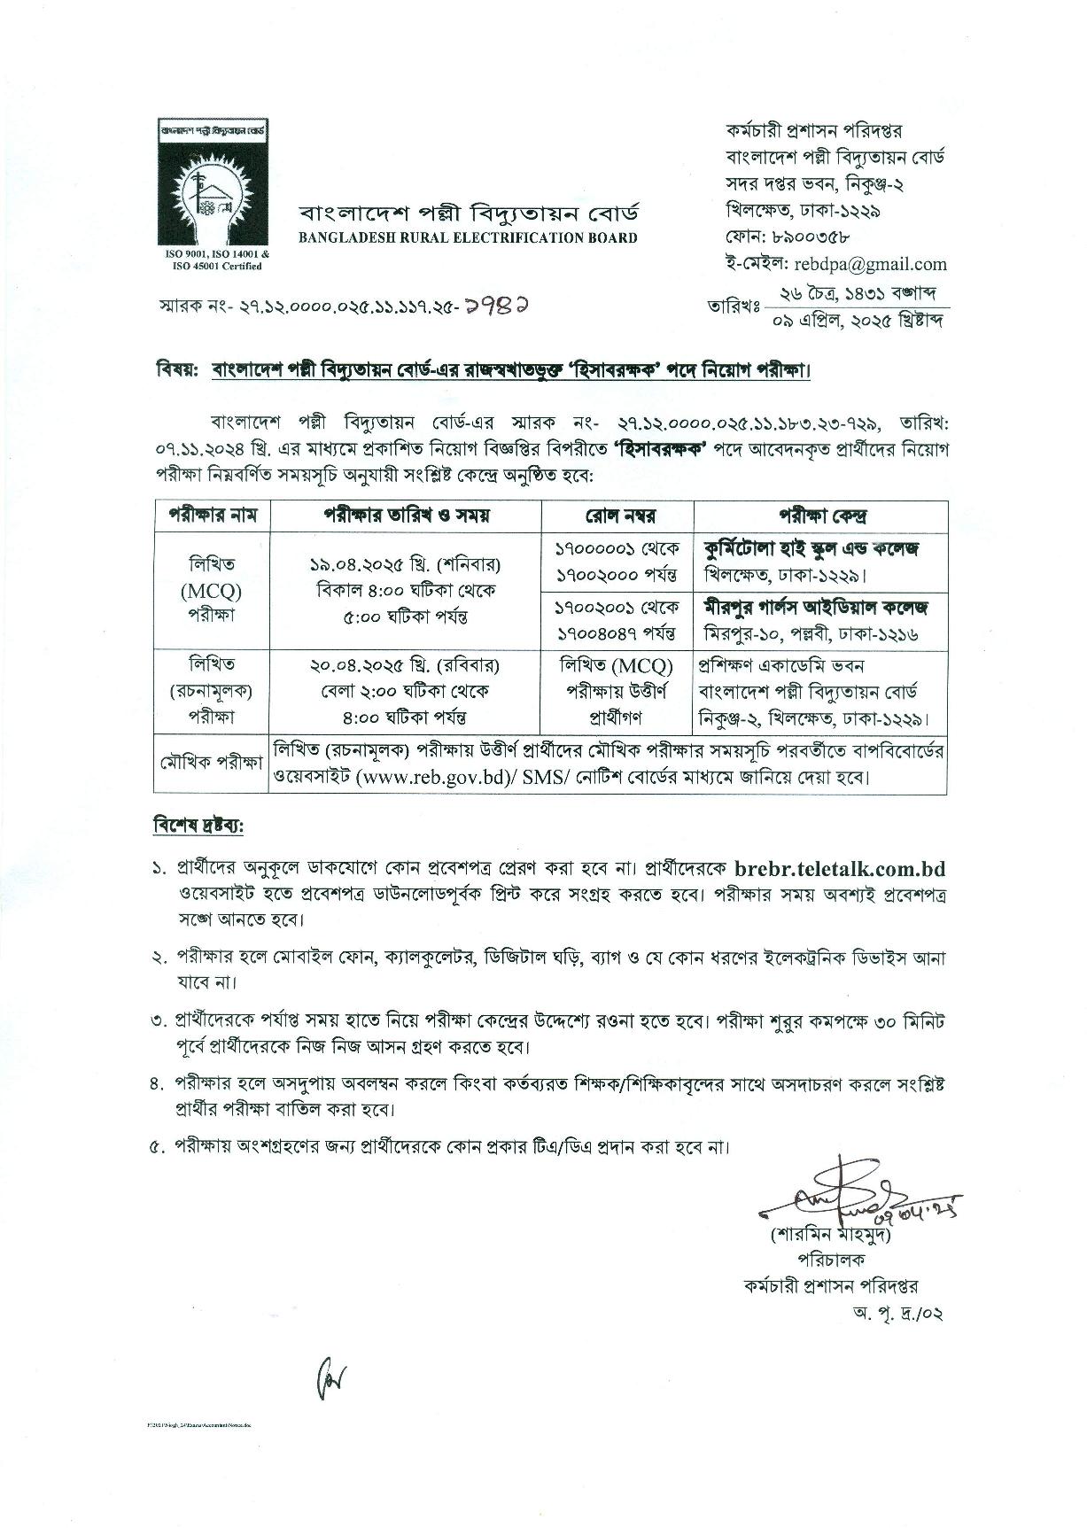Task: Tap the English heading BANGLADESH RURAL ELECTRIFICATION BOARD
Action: point(468,237)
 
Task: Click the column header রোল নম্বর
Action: point(618,516)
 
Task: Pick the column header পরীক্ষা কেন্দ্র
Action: point(822,516)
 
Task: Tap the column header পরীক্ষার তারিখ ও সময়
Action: point(406,516)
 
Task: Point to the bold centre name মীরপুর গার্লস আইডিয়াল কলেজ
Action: point(815,608)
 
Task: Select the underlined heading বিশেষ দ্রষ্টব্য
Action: point(198,826)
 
